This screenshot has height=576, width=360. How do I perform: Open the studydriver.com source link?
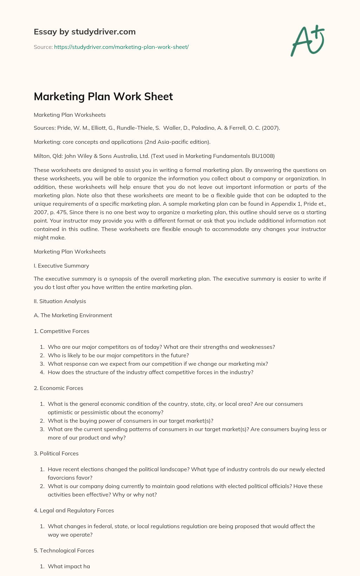121,47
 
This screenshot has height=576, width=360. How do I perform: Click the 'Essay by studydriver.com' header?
84,32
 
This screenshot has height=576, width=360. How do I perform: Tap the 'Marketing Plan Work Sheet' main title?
103,96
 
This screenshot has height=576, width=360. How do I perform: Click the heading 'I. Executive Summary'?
61,265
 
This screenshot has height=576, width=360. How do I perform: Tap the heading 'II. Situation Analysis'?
60,301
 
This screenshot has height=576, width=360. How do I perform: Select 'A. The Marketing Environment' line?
73,315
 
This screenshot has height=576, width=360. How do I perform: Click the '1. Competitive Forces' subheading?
61,331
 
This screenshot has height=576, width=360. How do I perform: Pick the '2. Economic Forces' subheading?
58,388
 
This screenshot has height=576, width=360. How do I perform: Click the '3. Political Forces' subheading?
56,453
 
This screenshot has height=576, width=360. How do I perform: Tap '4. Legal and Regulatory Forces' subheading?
73,510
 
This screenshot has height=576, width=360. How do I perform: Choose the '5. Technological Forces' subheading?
64,550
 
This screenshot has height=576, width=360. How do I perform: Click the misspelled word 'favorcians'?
60,478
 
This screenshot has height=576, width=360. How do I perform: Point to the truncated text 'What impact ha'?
69,566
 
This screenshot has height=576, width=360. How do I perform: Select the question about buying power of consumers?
130,421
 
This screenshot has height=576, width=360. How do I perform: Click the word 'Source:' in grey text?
43,47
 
